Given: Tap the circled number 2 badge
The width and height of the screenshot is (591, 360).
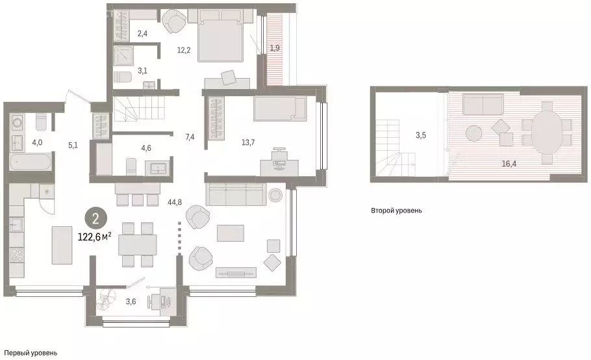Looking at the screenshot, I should click(95, 218).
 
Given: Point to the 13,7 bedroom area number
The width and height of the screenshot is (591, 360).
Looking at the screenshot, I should click(232, 141).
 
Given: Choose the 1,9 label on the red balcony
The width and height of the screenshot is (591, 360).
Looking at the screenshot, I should click(275, 48).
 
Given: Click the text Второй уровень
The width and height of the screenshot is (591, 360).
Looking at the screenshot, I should click(397, 211).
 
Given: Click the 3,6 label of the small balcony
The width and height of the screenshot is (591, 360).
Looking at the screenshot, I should click(130, 302).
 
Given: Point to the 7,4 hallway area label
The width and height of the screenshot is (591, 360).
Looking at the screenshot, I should click(190, 136).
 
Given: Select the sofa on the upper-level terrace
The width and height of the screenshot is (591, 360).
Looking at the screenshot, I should click(483, 104).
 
